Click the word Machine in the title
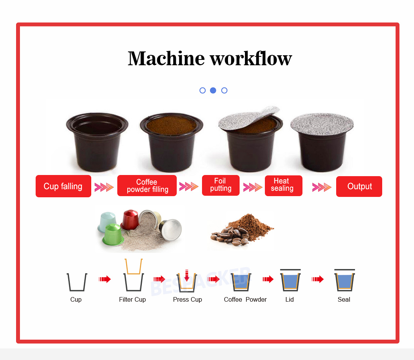[x=166, y=58]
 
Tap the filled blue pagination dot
[x=213, y=91]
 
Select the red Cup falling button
[x=63, y=186]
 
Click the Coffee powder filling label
[x=147, y=186]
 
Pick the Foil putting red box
[x=220, y=185]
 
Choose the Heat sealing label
[x=283, y=185]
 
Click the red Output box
[x=359, y=187]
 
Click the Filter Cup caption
[x=132, y=299]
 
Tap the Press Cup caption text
[x=187, y=299]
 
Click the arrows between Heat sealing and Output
[x=321, y=187]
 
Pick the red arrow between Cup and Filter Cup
[x=105, y=279]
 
